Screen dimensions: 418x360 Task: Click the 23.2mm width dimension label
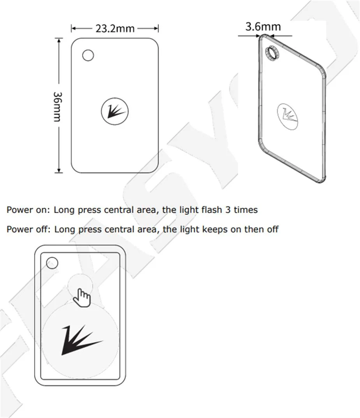[x=115, y=29]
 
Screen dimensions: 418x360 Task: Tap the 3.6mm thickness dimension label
[x=263, y=26]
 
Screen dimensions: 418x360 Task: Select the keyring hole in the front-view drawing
[x=88, y=55]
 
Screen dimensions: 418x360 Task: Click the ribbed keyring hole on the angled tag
[x=271, y=53]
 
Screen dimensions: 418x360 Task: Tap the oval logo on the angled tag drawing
[x=289, y=115]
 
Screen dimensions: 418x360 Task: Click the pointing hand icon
[x=83, y=297]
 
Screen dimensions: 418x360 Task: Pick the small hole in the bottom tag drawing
[x=52, y=263]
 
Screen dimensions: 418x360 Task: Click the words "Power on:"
[x=28, y=210]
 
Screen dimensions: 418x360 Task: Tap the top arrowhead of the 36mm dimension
[x=58, y=40]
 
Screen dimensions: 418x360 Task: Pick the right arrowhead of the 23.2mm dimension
[x=157, y=28]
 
